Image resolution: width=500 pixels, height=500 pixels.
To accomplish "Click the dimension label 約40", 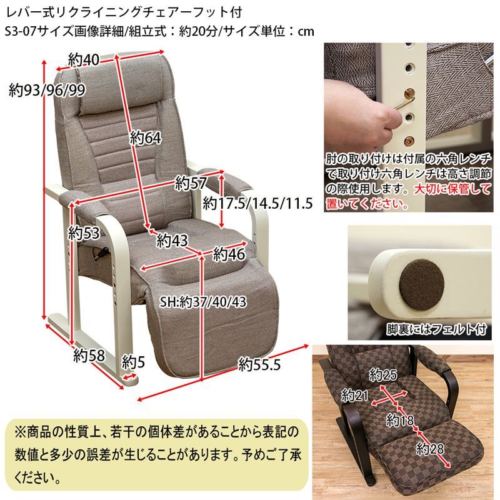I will point(84,60).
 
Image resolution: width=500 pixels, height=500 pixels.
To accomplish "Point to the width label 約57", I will point(190,183).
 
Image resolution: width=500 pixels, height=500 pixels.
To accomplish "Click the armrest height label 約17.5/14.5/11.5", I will point(257,203).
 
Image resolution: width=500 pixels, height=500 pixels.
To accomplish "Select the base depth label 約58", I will point(87,356).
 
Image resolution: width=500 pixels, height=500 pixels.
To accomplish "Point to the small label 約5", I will point(133,361).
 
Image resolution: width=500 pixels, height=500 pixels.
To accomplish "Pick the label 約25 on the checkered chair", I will point(383,375).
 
